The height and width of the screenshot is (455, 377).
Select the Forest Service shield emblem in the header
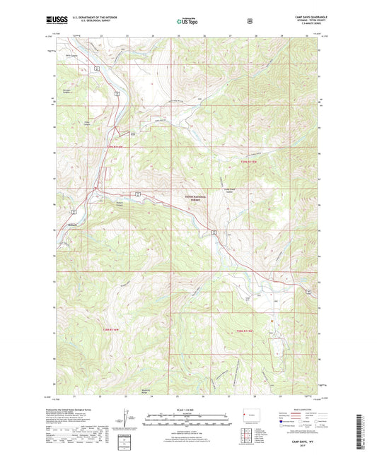click(x=250, y=21)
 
